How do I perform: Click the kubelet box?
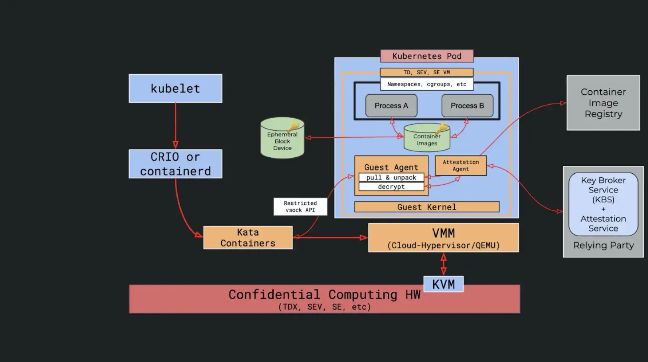175,88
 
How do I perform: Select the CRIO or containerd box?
175,164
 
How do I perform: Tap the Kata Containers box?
248,237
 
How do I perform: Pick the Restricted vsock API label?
300,206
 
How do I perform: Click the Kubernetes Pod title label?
427,56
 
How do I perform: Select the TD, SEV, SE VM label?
426,72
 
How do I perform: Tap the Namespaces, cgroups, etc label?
427,84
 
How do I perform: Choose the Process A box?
391,106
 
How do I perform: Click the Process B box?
467,106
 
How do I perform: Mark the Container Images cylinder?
427,138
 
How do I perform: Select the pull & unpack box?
391,177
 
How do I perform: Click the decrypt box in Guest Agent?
391,186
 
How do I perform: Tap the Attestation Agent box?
461,165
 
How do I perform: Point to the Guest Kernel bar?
427,207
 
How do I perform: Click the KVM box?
443,284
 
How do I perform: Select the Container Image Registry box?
603,103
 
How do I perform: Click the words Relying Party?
603,245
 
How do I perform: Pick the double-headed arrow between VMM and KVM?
443,264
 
